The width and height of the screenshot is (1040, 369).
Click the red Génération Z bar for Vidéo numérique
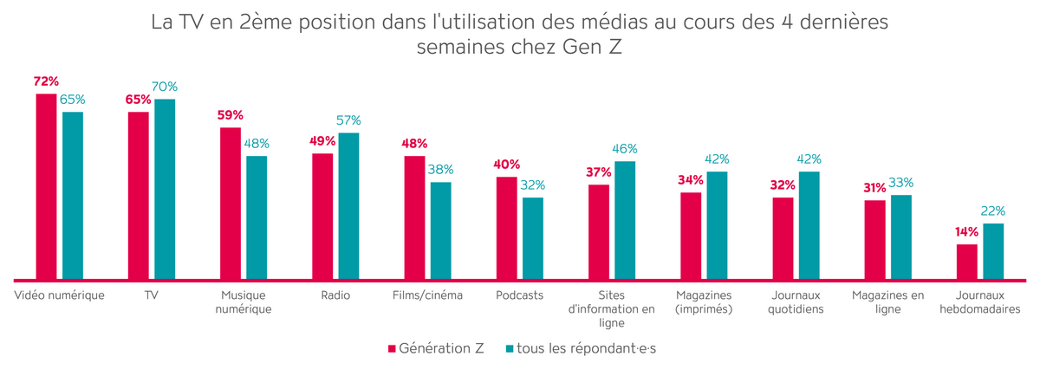[46, 187]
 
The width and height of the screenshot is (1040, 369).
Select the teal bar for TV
[164, 190]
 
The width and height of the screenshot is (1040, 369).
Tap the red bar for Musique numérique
[231, 204]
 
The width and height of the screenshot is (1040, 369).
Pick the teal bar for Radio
[348, 206]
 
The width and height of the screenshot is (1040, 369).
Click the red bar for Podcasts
[506, 229]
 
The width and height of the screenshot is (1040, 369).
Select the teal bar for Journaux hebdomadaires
[992, 251]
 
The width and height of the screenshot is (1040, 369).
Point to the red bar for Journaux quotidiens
[783, 238]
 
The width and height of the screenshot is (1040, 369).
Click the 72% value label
[46, 81]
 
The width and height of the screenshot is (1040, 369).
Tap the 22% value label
[993, 210]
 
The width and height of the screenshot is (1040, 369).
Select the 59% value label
[231, 115]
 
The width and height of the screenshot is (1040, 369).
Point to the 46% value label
[625, 149]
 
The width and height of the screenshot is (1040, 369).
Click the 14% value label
[967, 231]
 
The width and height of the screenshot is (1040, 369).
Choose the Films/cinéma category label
[428, 295]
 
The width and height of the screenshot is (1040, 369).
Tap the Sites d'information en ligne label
[612, 309]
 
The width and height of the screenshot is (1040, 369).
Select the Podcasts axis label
[520, 295]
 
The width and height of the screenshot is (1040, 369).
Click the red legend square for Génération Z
[391, 348]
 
